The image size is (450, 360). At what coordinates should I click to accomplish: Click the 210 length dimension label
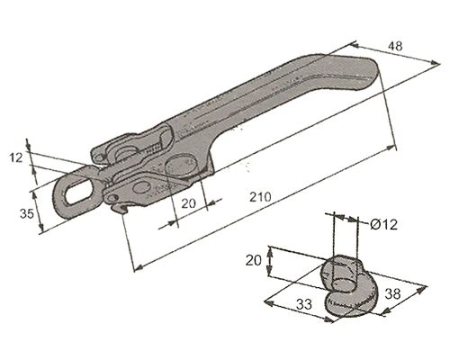click(x=260, y=197)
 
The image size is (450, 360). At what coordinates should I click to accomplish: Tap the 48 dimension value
click(x=395, y=46)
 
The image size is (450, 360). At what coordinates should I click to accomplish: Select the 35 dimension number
click(x=27, y=213)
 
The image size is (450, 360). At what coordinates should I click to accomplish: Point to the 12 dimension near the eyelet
click(x=16, y=157)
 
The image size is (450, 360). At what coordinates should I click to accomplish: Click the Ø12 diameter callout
click(x=383, y=224)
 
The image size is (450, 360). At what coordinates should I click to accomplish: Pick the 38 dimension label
click(x=392, y=293)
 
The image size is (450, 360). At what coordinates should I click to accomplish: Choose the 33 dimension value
click(x=304, y=304)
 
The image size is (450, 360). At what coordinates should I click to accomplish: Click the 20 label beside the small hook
click(x=254, y=260)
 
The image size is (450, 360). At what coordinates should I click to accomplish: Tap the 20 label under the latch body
click(x=189, y=203)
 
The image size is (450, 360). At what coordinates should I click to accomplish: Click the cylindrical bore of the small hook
click(x=345, y=275)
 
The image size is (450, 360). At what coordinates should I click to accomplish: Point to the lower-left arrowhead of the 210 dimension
click(x=138, y=267)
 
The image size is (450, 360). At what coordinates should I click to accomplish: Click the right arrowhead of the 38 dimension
click(x=422, y=290)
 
